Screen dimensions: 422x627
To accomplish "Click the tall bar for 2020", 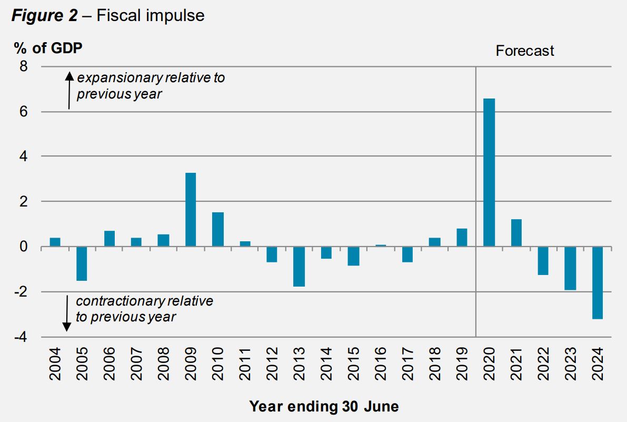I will tap(489, 172).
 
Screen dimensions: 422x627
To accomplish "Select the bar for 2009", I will tap(191, 209).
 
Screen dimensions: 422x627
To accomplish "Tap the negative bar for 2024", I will tap(598, 282).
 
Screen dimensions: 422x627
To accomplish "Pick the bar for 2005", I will tap(82, 263).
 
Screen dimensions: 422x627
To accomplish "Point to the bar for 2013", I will tap(299, 266).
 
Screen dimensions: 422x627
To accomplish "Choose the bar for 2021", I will tap(516, 232).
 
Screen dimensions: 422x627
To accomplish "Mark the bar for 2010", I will tap(218, 229).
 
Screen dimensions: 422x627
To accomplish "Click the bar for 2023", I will tap(570, 268).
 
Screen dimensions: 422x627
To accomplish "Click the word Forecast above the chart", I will tap(525, 51).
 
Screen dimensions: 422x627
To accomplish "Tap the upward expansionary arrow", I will tap(69, 91).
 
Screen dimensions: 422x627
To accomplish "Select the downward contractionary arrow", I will tap(67, 313).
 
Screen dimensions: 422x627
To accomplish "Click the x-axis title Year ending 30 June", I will tap(324, 407).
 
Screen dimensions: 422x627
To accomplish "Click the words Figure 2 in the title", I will tap(44, 16).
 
